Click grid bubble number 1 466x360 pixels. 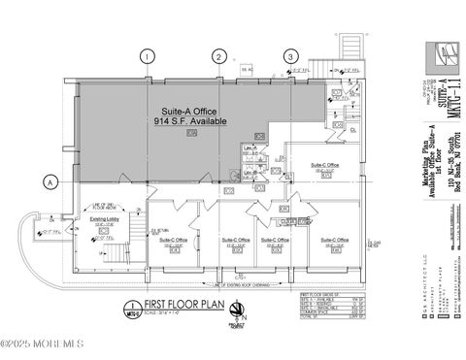click(x=148, y=57)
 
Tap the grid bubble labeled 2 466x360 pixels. click(x=220, y=57)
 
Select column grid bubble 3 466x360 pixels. click(x=290, y=57)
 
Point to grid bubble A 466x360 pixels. click(x=51, y=181)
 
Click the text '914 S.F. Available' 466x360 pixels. click(x=192, y=123)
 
